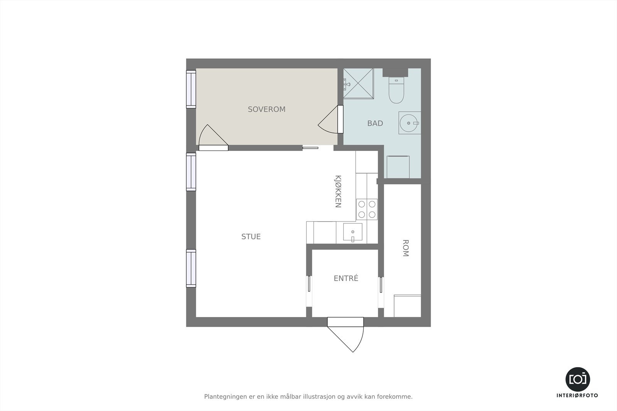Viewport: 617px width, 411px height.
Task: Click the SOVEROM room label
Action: (x=266, y=109)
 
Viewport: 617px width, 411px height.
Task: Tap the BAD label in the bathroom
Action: (x=375, y=123)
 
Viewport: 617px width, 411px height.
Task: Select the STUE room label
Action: (x=251, y=237)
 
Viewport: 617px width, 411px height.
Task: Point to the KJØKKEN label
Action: (x=338, y=191)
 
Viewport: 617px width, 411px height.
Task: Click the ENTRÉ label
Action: (x=346, y=278)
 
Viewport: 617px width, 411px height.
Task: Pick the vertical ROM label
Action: (x=405, y=248)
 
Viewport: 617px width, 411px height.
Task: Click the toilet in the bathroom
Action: (x=396, y=90)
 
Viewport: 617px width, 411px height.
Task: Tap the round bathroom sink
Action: (x=408, y=123)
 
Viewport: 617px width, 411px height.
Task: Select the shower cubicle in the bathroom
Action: (x=358, y=83)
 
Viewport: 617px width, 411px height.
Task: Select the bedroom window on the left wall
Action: (x=191, y=89)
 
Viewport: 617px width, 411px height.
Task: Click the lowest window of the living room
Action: (x=191, y=268)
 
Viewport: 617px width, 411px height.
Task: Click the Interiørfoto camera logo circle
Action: (x=577, y=379)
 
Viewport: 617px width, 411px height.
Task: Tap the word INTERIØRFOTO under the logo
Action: (x=577, y=396)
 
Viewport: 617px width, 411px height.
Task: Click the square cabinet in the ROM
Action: (x=407, y=306)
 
